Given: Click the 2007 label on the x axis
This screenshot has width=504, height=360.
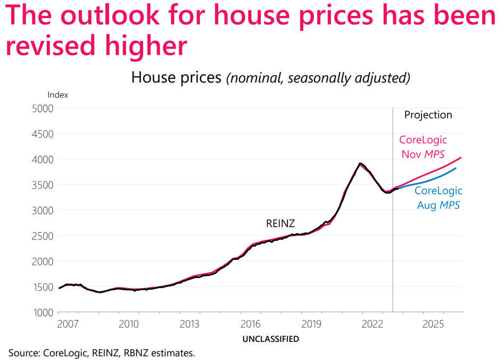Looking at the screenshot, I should (68, 324).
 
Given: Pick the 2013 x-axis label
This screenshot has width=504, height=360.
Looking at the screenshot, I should (189, 324).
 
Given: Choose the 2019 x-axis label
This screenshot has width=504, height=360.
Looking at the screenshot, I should (311, 324).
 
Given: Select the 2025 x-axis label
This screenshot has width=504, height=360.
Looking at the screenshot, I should (433, 324).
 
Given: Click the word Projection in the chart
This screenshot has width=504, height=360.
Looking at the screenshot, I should (428, 115).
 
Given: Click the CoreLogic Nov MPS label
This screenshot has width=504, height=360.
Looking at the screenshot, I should (423, 147).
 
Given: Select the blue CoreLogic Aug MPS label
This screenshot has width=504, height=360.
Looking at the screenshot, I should (438, 198).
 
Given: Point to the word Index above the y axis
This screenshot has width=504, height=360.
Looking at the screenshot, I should (58, 95).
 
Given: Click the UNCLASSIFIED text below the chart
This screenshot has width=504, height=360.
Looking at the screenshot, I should (270, 339).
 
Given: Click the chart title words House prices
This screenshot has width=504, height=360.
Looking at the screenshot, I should (176, 78).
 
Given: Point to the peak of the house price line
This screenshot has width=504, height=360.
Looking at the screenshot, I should (361, 163).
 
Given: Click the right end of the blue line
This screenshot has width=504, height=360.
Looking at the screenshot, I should (456, 168).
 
